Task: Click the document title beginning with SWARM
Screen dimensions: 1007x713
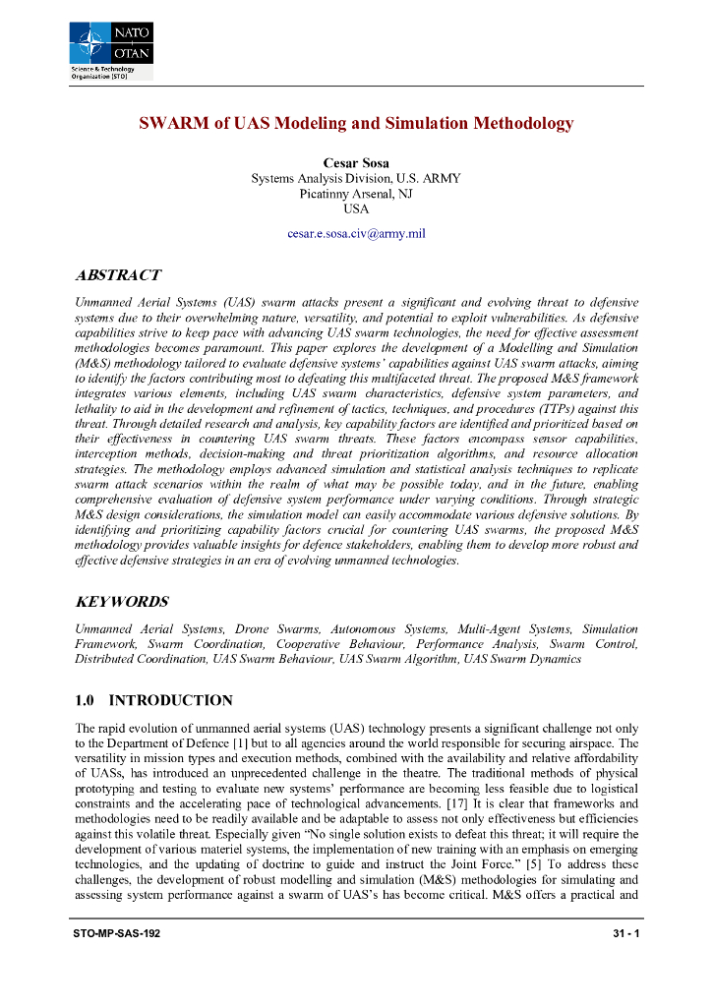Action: point(355,124)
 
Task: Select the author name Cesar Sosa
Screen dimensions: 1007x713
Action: point(355,162)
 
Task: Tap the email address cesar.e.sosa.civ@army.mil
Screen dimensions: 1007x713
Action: point(355,234)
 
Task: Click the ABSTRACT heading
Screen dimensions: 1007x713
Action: point(117,275)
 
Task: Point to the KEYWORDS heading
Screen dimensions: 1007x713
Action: point(121,602)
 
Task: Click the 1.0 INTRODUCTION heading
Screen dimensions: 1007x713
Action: point(153,701)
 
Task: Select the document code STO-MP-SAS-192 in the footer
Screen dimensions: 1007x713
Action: point(116,932)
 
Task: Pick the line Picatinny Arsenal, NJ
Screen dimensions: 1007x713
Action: point(355,194)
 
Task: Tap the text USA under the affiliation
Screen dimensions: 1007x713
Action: point(355,209)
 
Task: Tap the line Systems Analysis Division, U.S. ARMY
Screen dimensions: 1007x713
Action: point(355,178)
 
